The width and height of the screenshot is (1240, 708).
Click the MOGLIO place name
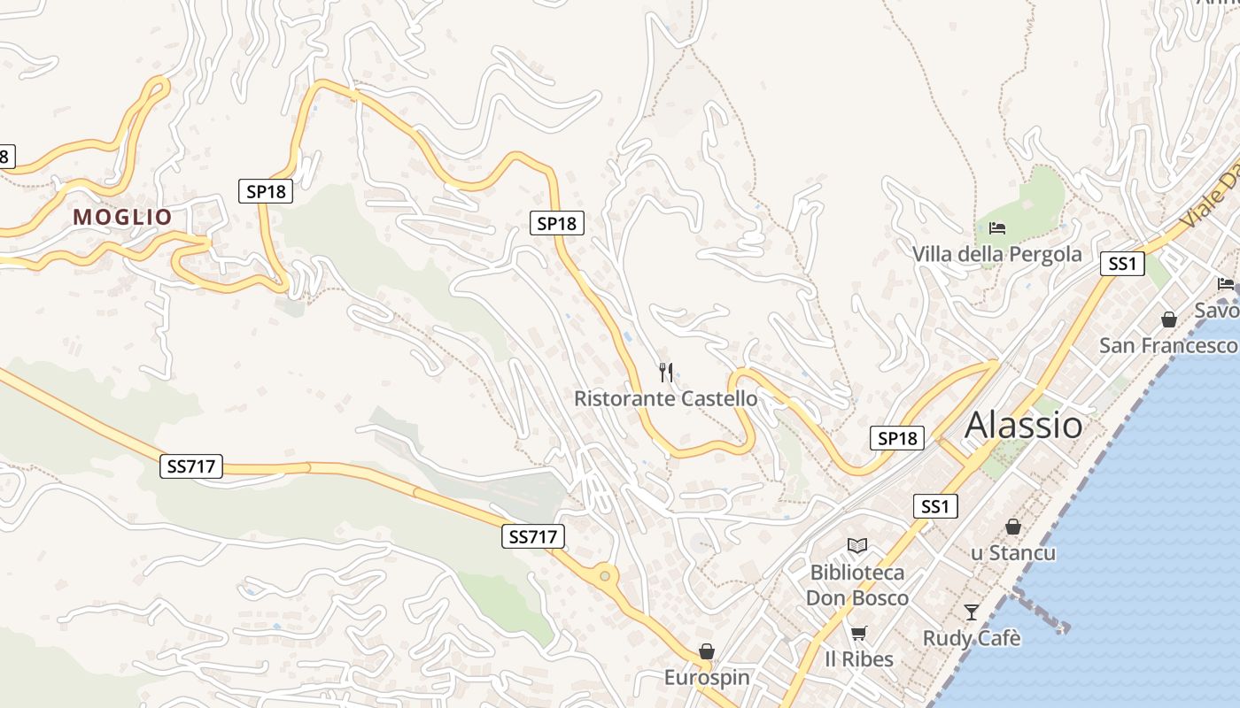pyautogui.click(x=122, y=217)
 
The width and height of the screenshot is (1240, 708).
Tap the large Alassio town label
pyautogui.click(x=1023, y=426)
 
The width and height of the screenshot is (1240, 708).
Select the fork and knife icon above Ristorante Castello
pyautogui.click(x=666, y=373)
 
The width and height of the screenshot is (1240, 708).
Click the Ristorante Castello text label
pyautogui.click(x=666, y=399)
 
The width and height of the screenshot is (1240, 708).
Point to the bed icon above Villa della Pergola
pyautogui.click(x=997, y=228)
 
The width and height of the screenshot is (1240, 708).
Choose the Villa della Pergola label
pyautogui.click(x=997, y=255)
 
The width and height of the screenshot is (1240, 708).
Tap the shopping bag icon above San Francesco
pyautogui.click(x=1169, y=319)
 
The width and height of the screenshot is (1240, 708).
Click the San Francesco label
pyautogui.click(x=1167, y=345)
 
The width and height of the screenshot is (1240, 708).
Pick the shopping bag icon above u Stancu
pyautogui.click(x=1013, y=527)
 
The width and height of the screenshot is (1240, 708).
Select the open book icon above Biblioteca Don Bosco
pyautogui.click(x=856, y=545)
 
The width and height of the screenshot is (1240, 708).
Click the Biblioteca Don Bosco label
pyautogui.click(x=857, y=585)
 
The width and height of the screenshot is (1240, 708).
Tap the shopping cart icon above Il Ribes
pyautogui.click(x=858, y=633)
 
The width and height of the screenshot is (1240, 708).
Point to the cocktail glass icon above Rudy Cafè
pyautogui.click(x=972, y=612)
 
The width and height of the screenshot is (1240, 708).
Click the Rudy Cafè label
pyautogui.click(x=972, y=638)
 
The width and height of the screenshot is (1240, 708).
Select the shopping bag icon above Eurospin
pyautogui.click(x=707, y=652)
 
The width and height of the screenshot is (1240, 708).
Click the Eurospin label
pyautogui.click(x=707, y=678)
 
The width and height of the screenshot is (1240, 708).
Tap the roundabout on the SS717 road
pyautogui.click(x=605, y=576)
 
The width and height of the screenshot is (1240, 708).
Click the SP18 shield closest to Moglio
pyautogui.click(x=266, y=191)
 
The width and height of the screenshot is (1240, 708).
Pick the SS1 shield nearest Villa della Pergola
pyautogui.click(x=1122, y=264)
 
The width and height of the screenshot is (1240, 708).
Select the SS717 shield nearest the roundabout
pyautogui.click(x=533, y=536)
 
